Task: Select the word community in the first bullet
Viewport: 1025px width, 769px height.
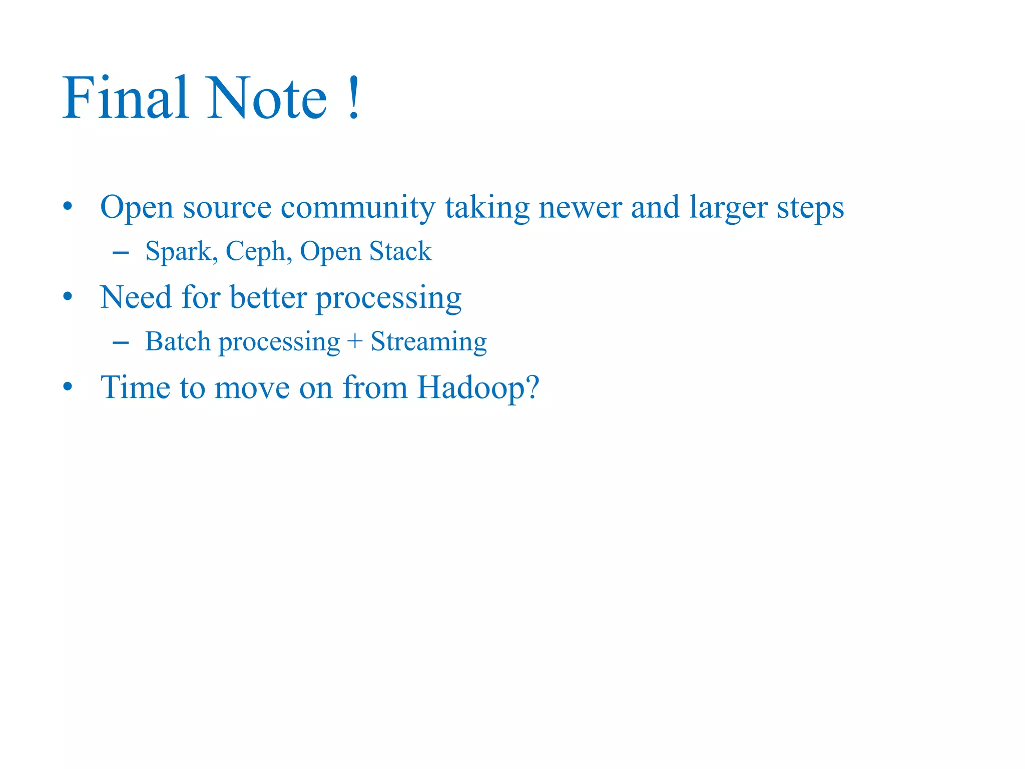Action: point(357,208)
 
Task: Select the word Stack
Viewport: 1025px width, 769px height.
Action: point(400,251)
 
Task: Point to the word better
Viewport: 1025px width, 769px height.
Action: point(268,297)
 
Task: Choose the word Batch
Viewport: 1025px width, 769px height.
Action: point(178,342)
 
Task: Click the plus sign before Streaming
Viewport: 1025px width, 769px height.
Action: point(354,342)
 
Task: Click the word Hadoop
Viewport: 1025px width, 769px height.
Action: point(478,388)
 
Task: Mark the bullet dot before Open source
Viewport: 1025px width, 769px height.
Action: point(68,207)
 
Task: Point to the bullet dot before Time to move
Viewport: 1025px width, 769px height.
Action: point(68,387)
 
